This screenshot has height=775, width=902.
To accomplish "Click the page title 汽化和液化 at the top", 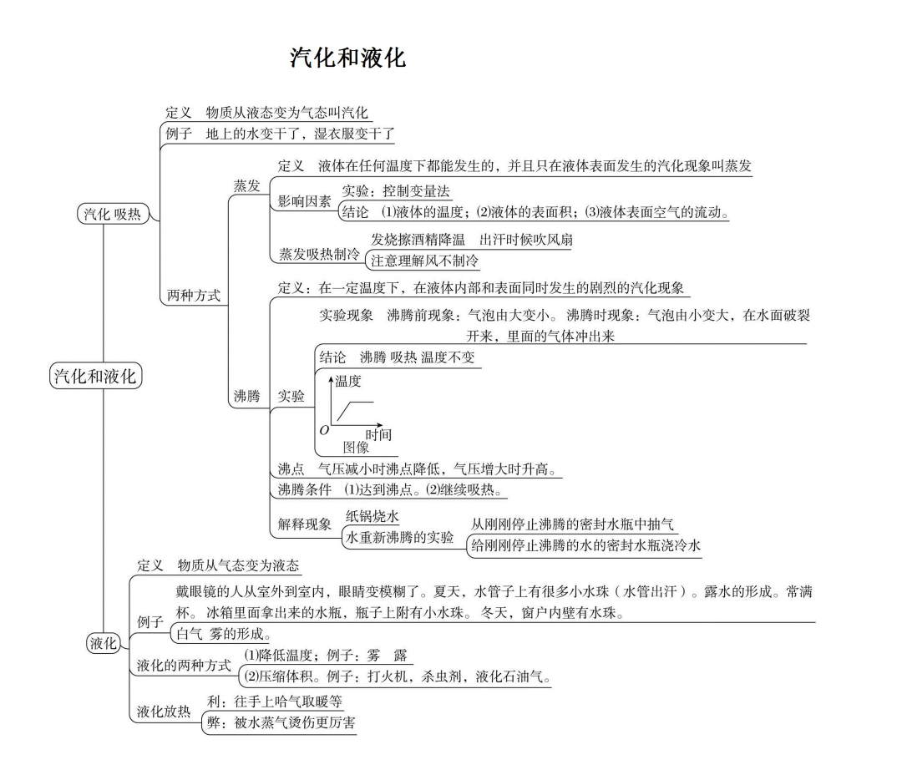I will [347, 58].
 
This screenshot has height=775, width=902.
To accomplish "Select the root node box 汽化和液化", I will [94, 376].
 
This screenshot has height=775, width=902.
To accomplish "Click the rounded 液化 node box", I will [104, 642].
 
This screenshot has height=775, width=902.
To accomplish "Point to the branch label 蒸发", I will [246, 185].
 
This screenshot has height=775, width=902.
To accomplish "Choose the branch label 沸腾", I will [246, 397].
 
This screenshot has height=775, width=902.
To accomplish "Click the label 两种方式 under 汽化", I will [194, 295].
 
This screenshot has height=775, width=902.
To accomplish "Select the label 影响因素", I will [304, 201].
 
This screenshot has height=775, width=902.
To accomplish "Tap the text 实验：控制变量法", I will [396, 191].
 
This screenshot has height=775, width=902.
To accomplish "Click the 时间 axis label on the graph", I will [378, 434].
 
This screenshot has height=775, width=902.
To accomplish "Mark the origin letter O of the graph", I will [324, 430].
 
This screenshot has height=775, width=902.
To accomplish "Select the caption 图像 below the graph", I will [356, 448].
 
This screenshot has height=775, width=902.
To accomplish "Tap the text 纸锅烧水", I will [372, 517].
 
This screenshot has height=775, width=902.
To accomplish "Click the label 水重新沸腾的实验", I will [400, 537].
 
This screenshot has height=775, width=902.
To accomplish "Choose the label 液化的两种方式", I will [184, 666].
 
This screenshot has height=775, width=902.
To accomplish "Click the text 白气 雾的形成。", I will [223, 633].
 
